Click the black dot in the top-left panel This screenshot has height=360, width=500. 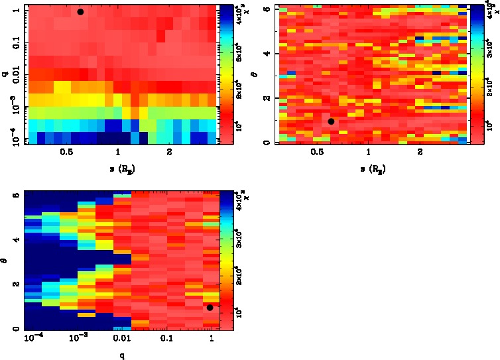[80, 12]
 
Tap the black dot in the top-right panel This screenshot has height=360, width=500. [331, 121]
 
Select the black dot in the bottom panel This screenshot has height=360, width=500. [210, 307]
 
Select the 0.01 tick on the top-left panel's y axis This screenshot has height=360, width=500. [13, 76]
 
